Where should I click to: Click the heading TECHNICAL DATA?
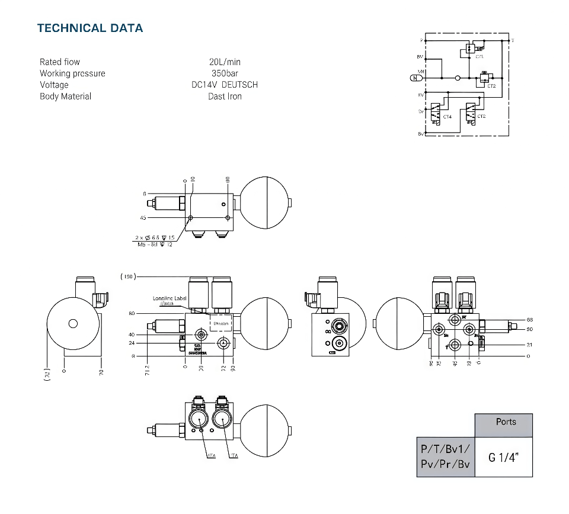coord(90,28)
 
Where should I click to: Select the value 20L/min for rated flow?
coord(225,62)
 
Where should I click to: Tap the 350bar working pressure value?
coord(225,73)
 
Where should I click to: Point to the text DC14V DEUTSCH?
coord(225,85)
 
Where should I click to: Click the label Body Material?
coord(65,96)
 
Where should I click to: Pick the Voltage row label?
coord(54,85)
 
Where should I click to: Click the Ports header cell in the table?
coord(506,422)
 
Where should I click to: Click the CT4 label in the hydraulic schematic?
coord(447,117)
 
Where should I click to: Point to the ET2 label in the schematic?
coord(491,86)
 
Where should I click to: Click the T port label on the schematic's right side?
coord(512,40)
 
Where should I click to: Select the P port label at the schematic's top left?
coord(421,40)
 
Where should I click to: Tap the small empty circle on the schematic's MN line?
coord(458,77)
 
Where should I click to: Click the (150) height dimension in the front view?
coord(128,277)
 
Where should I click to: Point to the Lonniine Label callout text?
coord(170,298)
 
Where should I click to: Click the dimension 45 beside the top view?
coord(143,218)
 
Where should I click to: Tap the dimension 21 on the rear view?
coord(529,344)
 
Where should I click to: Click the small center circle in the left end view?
coord(73,323)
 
